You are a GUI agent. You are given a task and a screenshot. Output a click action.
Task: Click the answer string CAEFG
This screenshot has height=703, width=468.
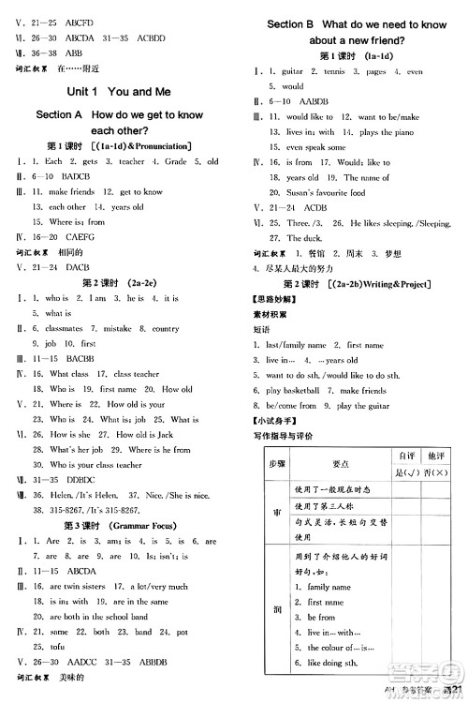point(77,237)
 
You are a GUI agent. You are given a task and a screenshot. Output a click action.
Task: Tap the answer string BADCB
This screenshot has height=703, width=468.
point(76,176)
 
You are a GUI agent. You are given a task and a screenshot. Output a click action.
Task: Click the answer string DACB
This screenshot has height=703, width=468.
point(77,267)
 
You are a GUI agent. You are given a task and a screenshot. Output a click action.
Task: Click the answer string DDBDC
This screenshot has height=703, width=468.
point(77,479)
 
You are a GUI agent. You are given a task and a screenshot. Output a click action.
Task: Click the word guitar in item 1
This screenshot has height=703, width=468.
point(292,71)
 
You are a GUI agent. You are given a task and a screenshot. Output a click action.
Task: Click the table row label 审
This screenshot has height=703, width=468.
point(276,514)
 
